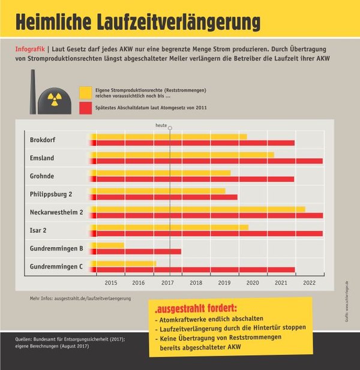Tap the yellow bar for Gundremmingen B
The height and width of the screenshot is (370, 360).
110,245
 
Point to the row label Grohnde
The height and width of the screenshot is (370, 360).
42,176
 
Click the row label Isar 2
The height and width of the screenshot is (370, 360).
39,230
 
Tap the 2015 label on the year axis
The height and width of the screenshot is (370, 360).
111,282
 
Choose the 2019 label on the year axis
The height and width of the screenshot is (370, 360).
224,282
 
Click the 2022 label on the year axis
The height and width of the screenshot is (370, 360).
309,282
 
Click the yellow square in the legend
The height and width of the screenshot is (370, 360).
85,92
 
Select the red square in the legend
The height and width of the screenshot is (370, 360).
85,108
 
